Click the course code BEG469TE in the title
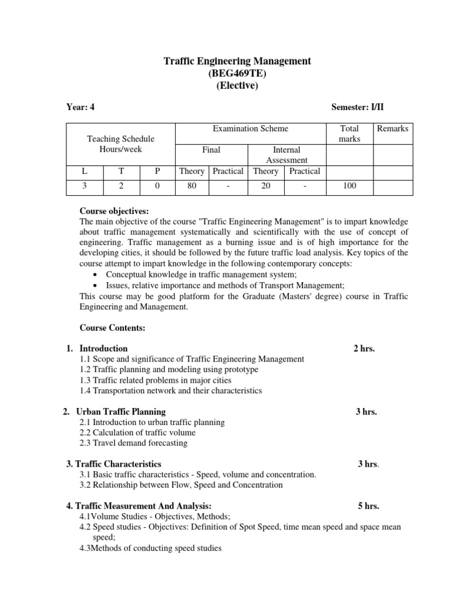236,73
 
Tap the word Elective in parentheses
237,86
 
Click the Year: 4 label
80,107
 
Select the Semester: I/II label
357,107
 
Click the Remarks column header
392,129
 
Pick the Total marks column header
349,133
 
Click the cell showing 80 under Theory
191,186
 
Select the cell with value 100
349,186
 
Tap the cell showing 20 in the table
265,186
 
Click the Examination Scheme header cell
250,129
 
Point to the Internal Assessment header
287,155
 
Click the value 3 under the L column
85,186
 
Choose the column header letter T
122,171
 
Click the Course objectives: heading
115,211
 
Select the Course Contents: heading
112,327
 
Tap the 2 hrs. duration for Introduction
364,349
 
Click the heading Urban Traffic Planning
122,412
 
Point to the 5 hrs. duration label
368,506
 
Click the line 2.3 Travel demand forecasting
133,443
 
